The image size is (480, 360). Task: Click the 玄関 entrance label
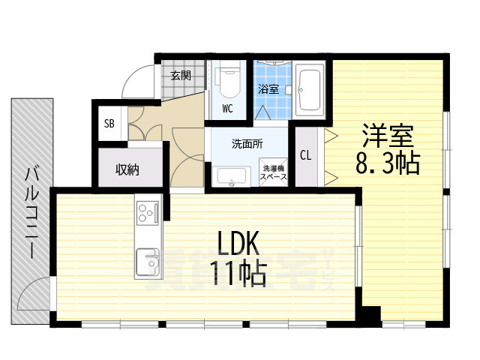coord(180,75)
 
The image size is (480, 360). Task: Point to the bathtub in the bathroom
coord(309,88)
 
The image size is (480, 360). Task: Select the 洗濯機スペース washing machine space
coord(272,173)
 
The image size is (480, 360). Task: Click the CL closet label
coord(306,155)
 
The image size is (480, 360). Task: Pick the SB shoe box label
coord(109,124)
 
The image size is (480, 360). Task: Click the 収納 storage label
coord(127,169)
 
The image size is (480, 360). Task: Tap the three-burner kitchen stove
coord(146,213)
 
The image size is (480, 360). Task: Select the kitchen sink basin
coord(146,262)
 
